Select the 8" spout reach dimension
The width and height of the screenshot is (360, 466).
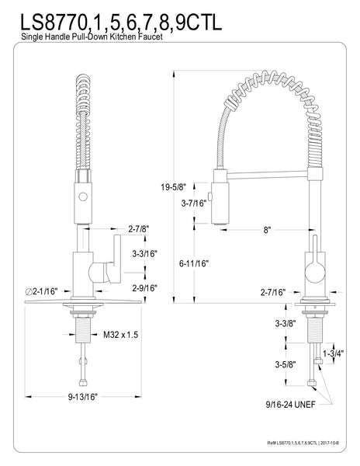pos(266,231)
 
